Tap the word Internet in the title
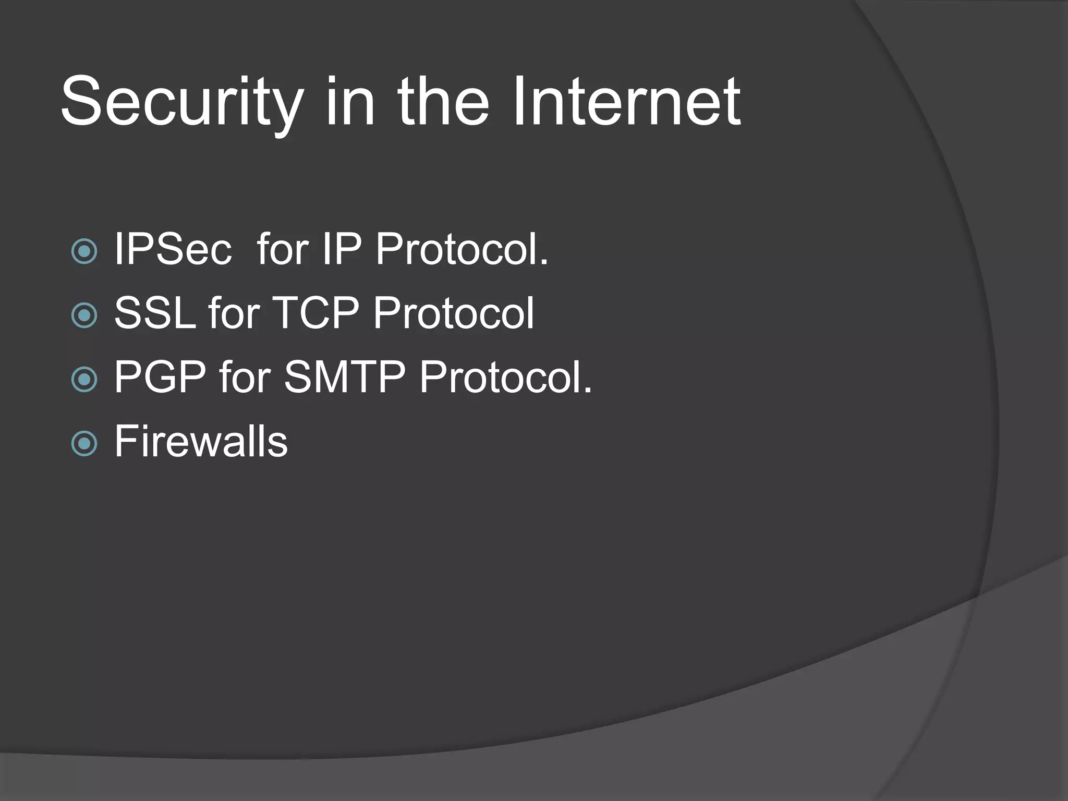(x=626, y=102)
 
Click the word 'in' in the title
(x=350, y=102)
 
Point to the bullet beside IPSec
(x=84, y=251)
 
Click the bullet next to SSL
(x=84, y=315)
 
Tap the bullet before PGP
(x=84, y=379)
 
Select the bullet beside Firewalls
(x=84, y=443)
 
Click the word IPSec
(x=173, y=250)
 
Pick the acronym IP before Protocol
(x=342, y=250)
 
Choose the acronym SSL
(x=155, y=313)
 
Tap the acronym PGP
(x=160, y=377)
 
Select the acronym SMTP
(x=344, y=377)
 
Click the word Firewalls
(x=201, y=442)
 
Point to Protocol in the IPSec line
(x=462, y=250)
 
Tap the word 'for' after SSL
(x=234, y=313)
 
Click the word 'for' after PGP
(x=245, y=377)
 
